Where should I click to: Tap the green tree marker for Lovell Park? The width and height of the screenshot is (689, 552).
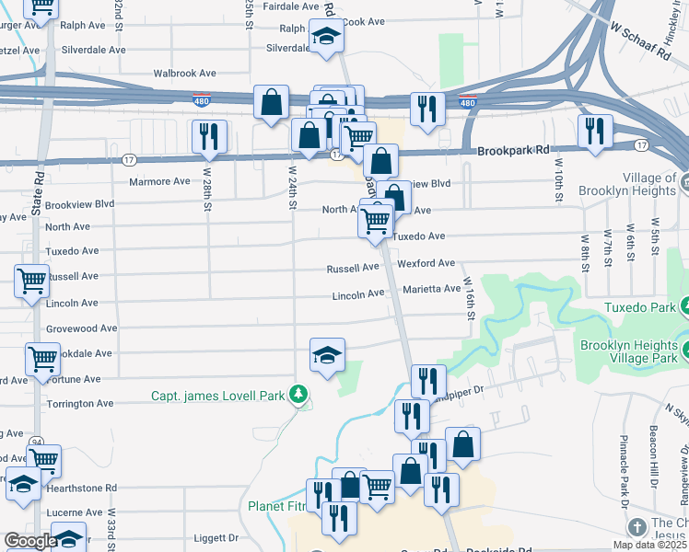pyautogui.click(x=298, y=396)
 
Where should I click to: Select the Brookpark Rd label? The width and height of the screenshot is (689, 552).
pyautogui.click(x=511, y=149)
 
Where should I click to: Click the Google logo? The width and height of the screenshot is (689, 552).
pyautogui.click(x=29, y=541)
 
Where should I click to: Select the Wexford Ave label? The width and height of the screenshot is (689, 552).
pyautogui.click(x=426, y=263)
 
